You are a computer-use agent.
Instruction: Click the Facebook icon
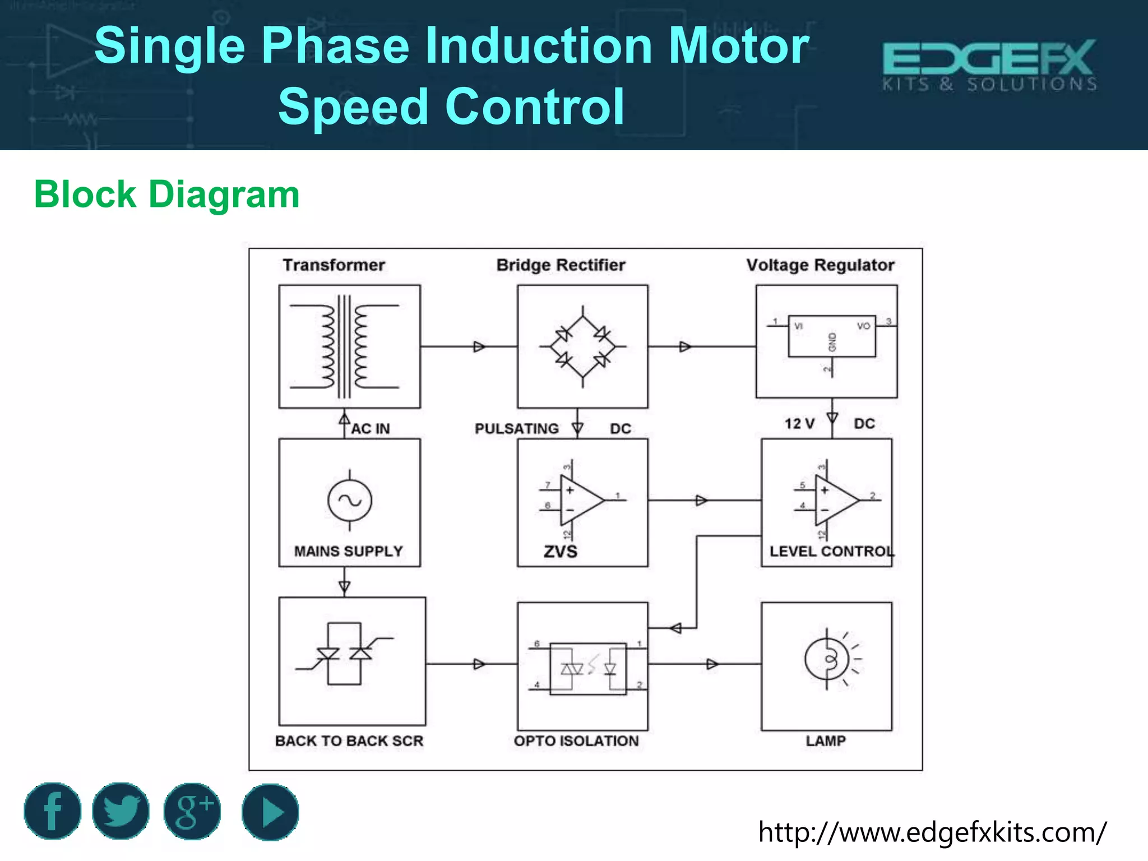[x=52, y=811]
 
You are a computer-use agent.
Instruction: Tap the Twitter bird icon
[x=121, y=811]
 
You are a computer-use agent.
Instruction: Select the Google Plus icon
[x=192, y=811]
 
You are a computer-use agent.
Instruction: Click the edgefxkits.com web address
[x=932, y=832]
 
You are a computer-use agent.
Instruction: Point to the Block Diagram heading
[x=166, y=195]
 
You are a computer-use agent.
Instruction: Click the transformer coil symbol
[x=344, y=346]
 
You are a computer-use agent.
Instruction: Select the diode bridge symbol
[x=582, y=346]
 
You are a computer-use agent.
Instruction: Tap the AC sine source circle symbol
[x=350, y=500]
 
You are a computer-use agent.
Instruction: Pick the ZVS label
[x=560, y=552]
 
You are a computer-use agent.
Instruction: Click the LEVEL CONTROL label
[x=832, y=552]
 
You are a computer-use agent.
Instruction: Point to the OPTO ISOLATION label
[x=576, y=741]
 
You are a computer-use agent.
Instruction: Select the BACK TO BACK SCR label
[x=349, y=741]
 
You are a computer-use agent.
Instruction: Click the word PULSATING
[x=516, y=429]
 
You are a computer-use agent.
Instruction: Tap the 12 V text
[x=799, y=424]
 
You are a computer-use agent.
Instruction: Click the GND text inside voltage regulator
[x=832, y=342]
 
